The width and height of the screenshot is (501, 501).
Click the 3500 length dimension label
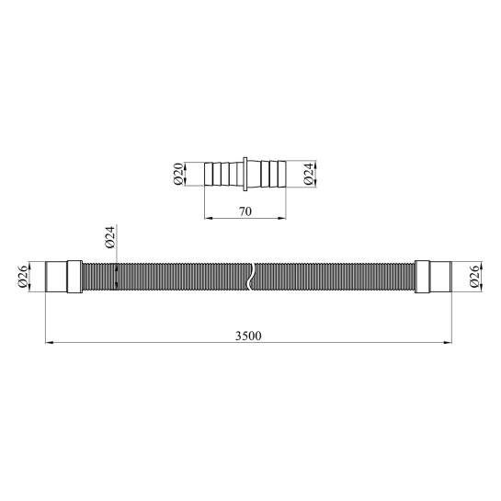tap(248, 336)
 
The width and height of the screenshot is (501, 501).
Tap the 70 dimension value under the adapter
tap(245, 211)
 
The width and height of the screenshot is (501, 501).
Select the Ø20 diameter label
tap(178, 174)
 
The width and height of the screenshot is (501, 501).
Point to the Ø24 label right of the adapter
tap(308, 174)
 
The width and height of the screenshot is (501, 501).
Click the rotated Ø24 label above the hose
tap(109, 237)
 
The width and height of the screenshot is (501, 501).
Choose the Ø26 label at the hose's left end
tap(23, 277)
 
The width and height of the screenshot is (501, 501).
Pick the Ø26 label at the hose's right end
tap(474, 277)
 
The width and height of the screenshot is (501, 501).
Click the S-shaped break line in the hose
tap(250, 277)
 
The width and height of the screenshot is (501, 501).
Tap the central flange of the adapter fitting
tap(245, 174)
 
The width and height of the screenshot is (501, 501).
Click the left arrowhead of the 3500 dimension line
tap(49, 343)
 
